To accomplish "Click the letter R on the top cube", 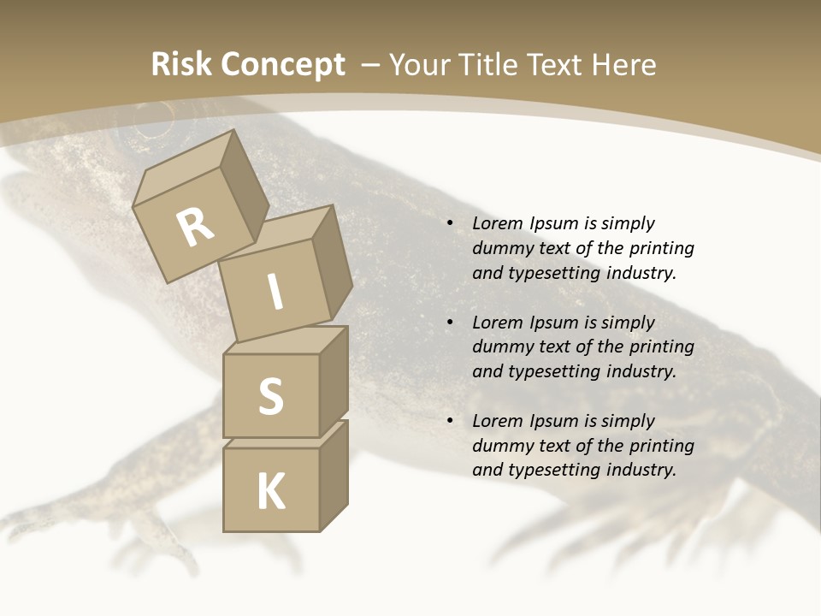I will point(196,227).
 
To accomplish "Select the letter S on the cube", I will point(270,397).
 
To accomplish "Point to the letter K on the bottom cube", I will point(270,492).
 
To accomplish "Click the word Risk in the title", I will point(180,64).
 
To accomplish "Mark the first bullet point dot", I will point(450,224).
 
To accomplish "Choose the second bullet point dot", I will point(450,323).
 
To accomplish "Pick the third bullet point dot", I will point(450,421).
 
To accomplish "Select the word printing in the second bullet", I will point(661,347).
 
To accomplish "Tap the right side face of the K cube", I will point(334,475).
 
